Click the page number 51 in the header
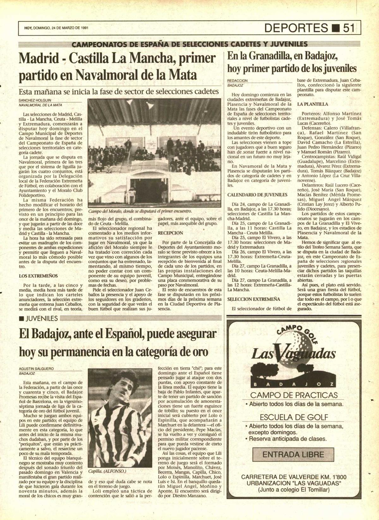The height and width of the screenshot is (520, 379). click(351, 28)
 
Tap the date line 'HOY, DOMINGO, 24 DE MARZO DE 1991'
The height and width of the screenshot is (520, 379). click(56, 28)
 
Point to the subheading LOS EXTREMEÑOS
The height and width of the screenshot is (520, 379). click(36, 276)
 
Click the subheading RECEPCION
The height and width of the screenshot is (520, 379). click(170, 233)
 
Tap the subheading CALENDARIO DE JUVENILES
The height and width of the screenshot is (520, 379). click(257, 195)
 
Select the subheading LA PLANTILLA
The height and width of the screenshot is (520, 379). click(313, 104)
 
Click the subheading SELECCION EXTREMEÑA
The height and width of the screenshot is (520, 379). click(254, 299)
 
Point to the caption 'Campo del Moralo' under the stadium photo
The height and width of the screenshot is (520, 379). click(140, 211)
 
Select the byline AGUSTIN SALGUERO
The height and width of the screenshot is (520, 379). click(36, 368)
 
